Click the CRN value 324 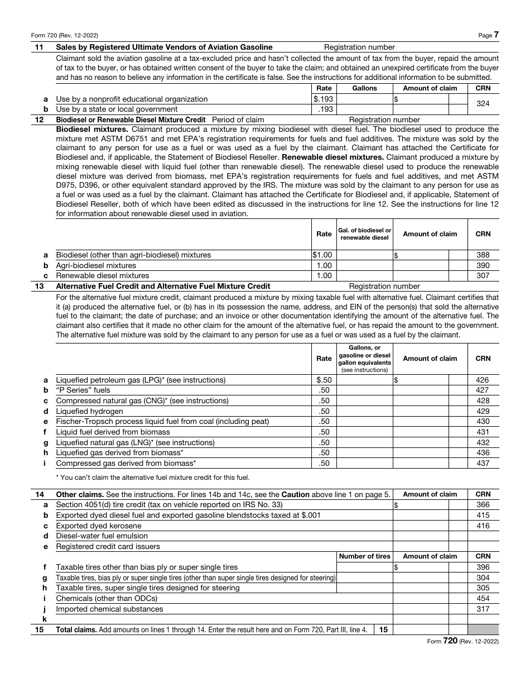[483, 104]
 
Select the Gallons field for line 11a [364, 99]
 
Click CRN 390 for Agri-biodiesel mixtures [483, 265]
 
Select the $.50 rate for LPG [324, 380]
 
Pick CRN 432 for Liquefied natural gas [483, 442]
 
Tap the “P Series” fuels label [83, 390]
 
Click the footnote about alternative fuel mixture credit [153, 477]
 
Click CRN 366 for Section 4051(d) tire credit [483, 505]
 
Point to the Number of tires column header [364, 556]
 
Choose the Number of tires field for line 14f [364, 567]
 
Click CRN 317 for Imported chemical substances [483, 609]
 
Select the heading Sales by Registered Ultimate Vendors [164, 47]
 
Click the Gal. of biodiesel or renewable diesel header [364, 234]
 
